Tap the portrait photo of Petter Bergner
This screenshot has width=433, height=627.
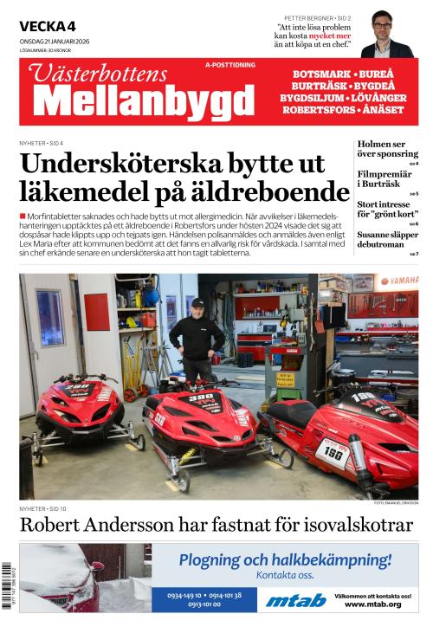pyautogui.click(x=386, y=35)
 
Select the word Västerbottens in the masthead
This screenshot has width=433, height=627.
pyautogui.click(x=101, y=74)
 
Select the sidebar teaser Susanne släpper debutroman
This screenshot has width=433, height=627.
pyautogui.click(x=387, y=240)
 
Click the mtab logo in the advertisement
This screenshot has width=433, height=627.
pyautogui.click(x=295, y=600)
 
